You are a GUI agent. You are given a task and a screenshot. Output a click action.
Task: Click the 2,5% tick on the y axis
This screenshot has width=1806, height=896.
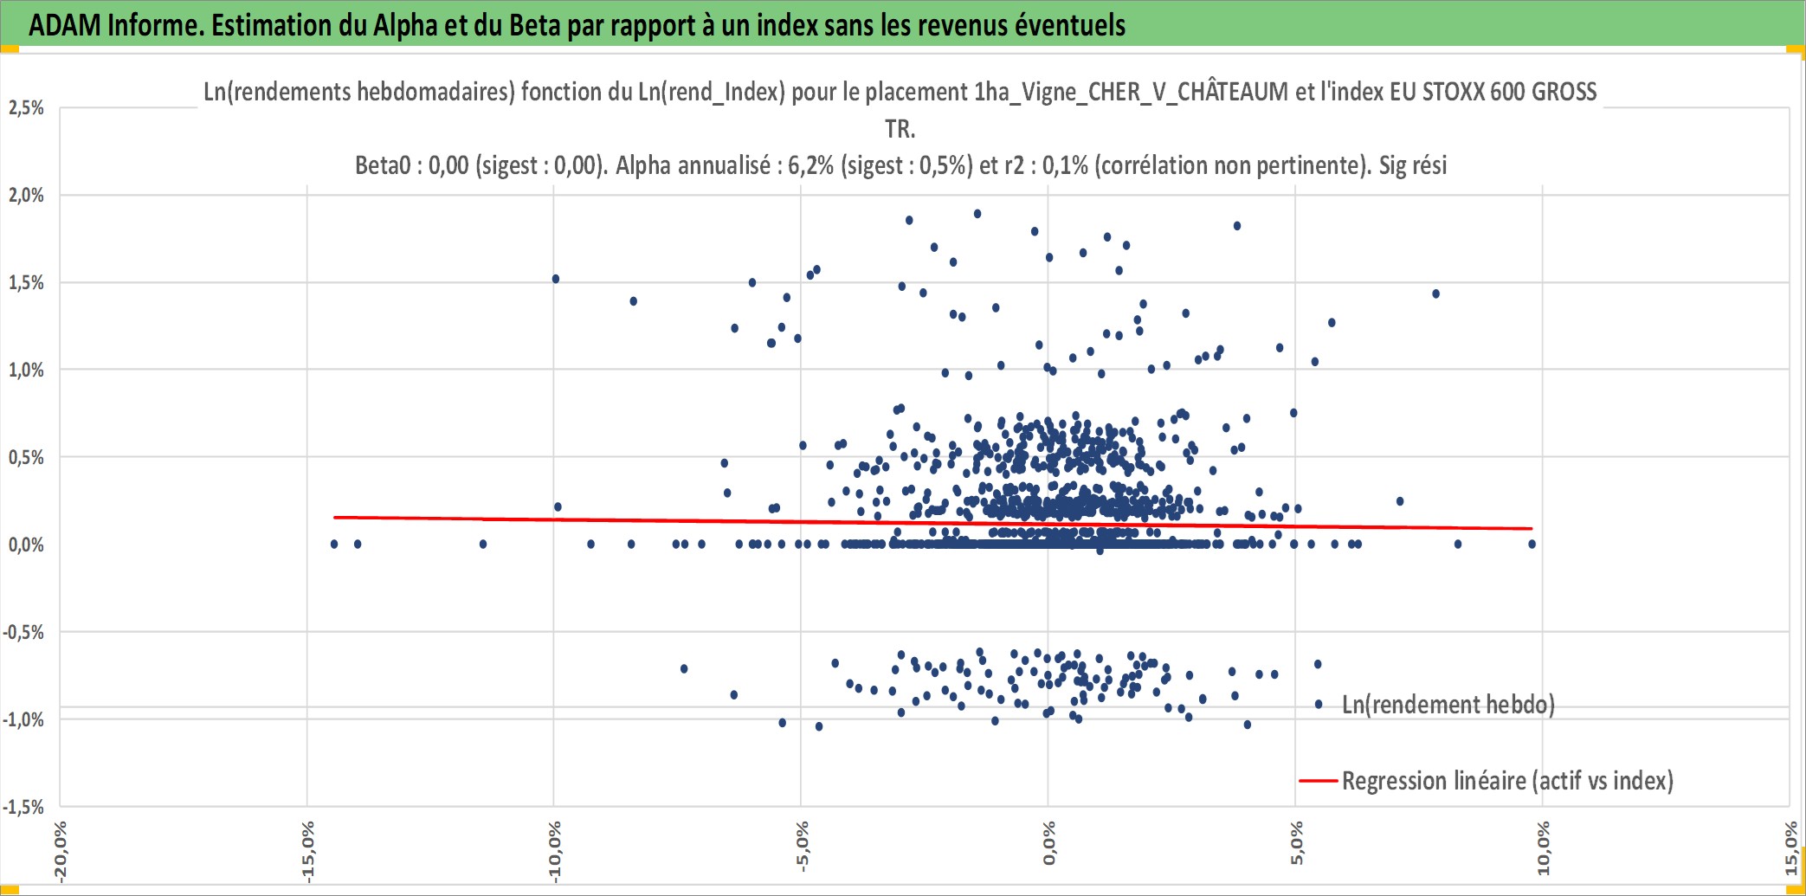pyautogui.click(x=26, y=107)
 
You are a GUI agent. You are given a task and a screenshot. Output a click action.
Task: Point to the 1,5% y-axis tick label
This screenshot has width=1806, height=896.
pyautogui.click(x=26, y=282)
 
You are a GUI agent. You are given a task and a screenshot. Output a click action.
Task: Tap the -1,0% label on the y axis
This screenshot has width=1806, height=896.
pyautogui.click(x=23, y=719)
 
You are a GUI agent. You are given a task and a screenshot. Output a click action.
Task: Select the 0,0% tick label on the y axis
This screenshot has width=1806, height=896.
pyautogui.click(x=26, y=545)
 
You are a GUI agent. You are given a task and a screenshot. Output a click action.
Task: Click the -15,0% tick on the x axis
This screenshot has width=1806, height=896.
pyautogui.click(x=307, y=851)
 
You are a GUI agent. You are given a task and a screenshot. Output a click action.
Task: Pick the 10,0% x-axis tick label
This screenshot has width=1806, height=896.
pyautogui.click(x=1543, y=848)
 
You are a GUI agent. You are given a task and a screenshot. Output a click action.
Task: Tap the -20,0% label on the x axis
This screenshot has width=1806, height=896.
pyautogui.click(x=60, y=851)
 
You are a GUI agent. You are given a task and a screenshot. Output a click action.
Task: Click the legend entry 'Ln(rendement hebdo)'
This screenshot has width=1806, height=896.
pyautogui.click(x=1448, y=705)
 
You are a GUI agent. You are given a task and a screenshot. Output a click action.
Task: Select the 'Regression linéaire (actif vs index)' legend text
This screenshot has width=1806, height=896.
pyautogui.click(x=1507, y=781)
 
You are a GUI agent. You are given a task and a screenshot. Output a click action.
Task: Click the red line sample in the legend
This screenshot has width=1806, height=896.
pyautogui.click(x=1319, y=781)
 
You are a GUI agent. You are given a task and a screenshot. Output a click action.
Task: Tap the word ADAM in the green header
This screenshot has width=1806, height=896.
pyautogui.click(x=65, y=25)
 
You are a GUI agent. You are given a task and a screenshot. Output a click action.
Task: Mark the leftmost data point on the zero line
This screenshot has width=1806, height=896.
pyautogui.click(x=334, y=545)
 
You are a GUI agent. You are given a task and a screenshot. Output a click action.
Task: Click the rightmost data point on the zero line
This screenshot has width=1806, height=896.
pyautogui.click(x=1532, y=545)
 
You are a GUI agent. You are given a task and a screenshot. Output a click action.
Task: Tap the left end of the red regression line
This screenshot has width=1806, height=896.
pyautogui.click(x=335, y=518)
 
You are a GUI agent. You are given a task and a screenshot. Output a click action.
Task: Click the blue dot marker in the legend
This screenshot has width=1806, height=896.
pyautogui.click(x=1319, y=705)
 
